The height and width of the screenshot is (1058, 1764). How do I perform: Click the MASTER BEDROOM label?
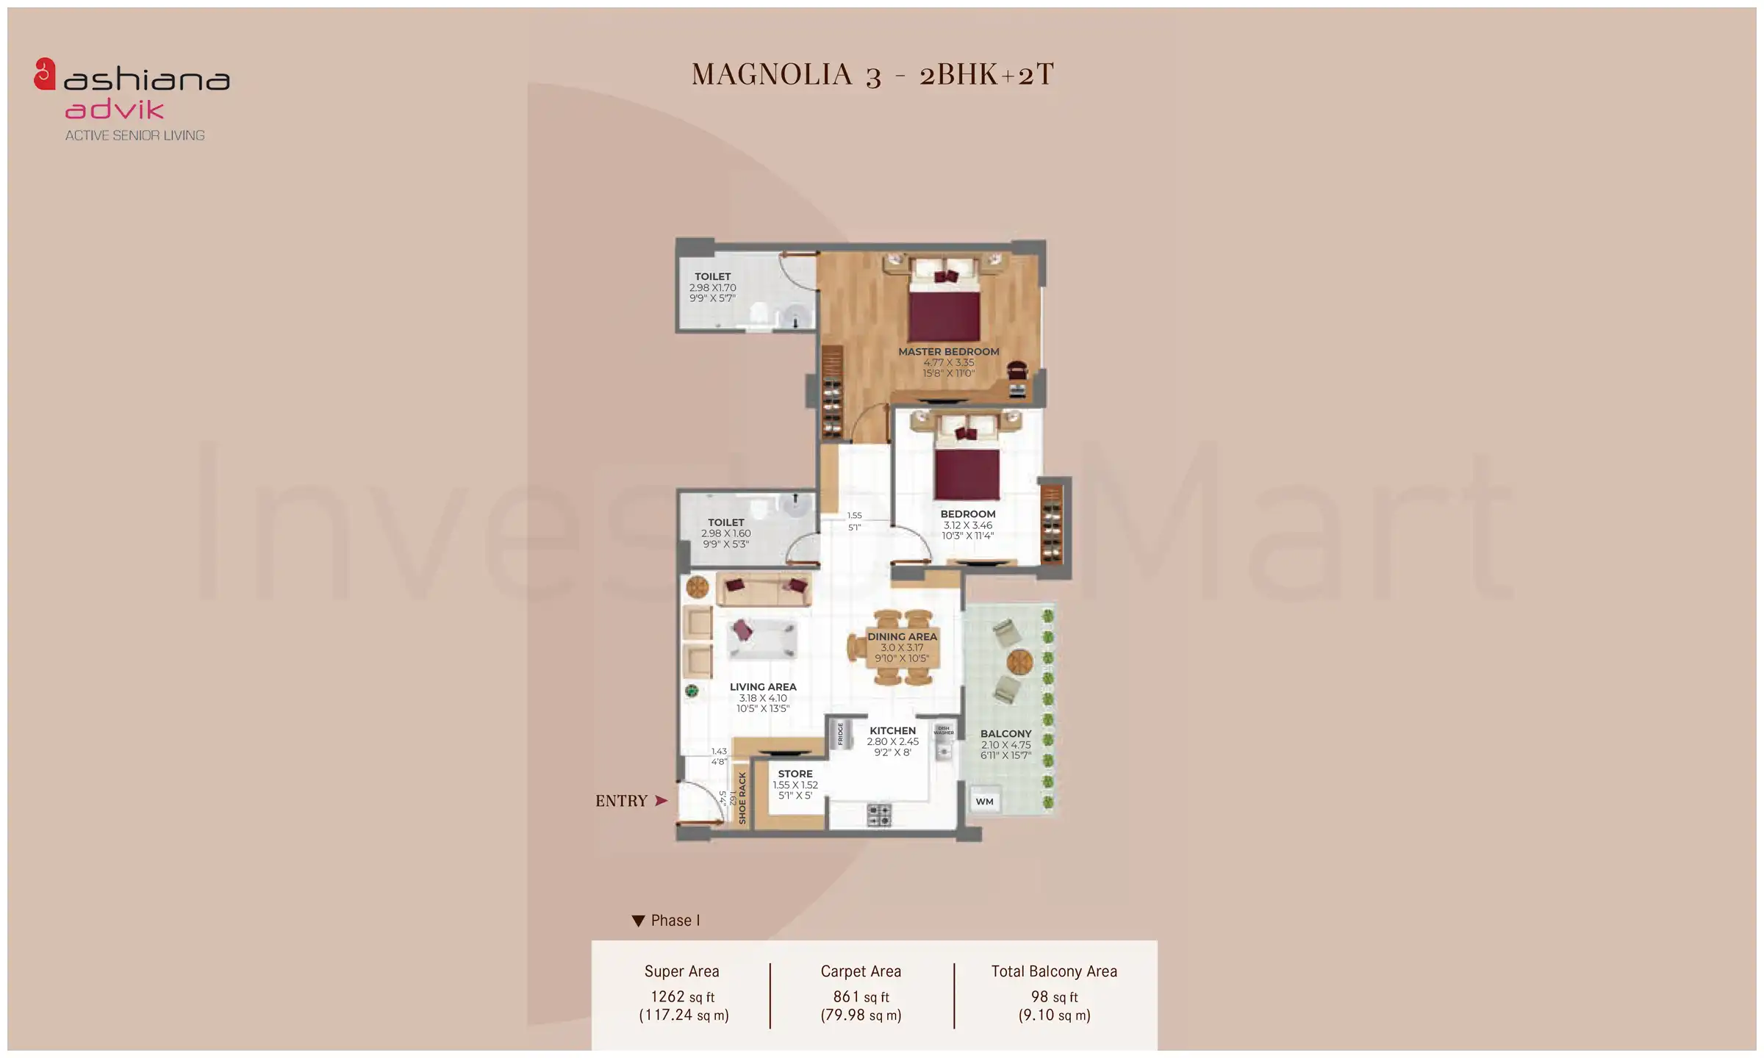coord(948,352)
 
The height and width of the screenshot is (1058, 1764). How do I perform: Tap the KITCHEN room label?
coord(892,731)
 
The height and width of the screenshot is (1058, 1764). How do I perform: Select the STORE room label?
coord(795,774)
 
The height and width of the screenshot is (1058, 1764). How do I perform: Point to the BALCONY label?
coord(1005,734)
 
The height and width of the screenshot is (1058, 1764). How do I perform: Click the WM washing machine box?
coord(985,802)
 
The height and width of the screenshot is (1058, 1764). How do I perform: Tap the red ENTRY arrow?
coord(661,801)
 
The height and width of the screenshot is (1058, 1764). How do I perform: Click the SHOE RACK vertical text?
coord(742,798)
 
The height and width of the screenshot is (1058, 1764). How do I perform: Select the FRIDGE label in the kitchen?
coord(840,733)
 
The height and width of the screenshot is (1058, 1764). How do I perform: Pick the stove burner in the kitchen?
coord(879,814)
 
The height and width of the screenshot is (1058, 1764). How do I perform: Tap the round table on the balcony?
coord(1019,662)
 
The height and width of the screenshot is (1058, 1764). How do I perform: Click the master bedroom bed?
coord(944,309)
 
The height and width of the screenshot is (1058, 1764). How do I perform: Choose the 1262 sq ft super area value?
coord(682,997)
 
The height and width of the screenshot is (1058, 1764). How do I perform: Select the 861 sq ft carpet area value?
coord(861,997)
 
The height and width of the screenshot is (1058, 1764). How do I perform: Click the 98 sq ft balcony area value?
coord(1053,997)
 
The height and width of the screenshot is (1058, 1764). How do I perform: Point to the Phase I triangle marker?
coord(638,921)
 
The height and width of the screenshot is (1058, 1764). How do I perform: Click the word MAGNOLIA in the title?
coord(772,74)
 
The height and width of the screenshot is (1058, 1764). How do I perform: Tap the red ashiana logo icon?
coord(45,74)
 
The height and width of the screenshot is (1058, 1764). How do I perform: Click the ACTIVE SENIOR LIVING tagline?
coord(135,135)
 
